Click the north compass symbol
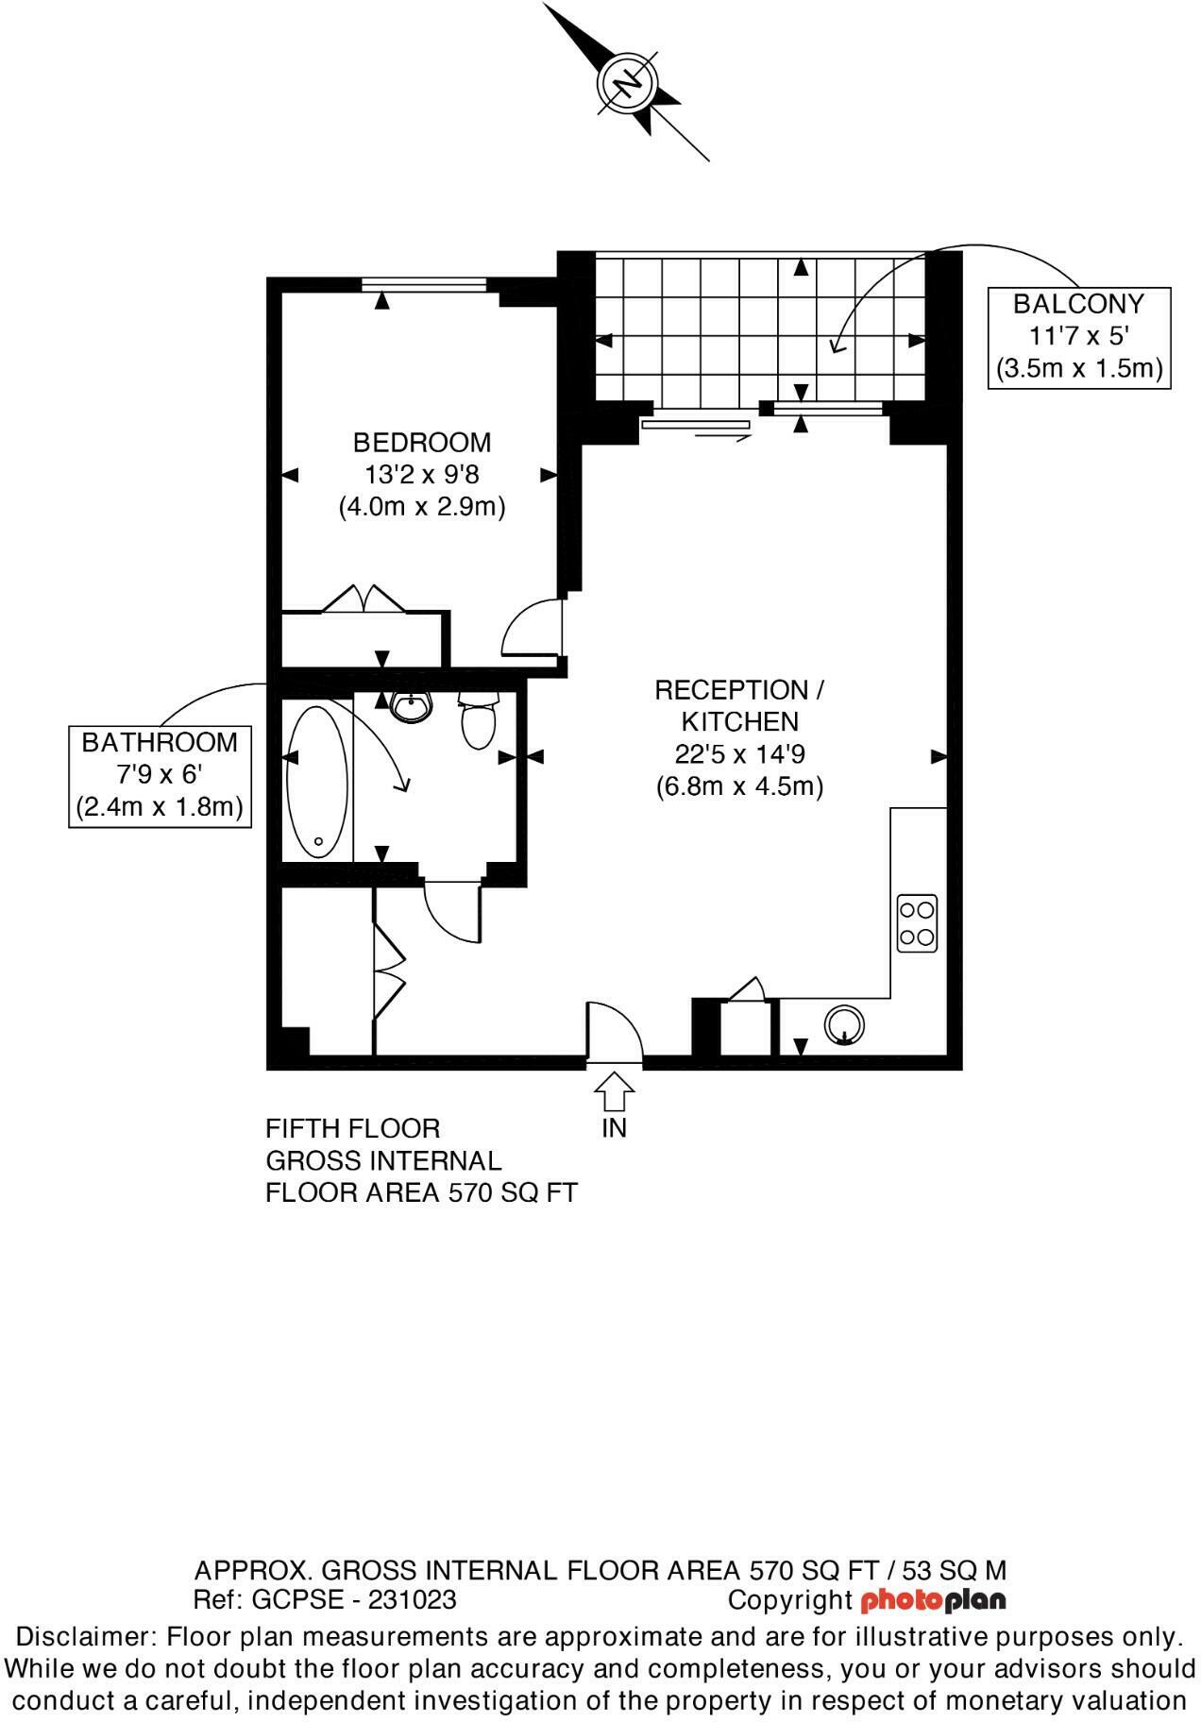click(x=627, y=83)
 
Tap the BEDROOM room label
click(x=422, y=442)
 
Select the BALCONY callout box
click(x=1078, y=337)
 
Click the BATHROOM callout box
click(x=160, y=775)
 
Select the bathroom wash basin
click(x=412, y=706)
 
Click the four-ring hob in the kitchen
click(x=917, y=922)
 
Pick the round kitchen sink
click(x=843, y=1025)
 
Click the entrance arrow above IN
click(x=614, y=1092)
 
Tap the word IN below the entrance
click(x=614, y=1128)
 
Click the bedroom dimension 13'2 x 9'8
click(x=422, y=474)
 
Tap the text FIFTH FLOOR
click(x=352, y=1128)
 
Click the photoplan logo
click(x=933, y=1600)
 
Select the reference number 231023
click(x=412, y=1599)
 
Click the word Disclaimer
click(x=86, y=1636)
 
